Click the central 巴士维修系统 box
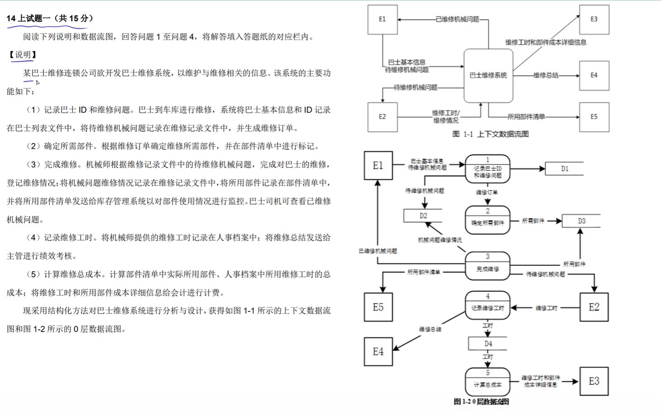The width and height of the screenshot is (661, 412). click(x=488, y=75)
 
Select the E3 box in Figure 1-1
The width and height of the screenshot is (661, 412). click(x=594, y=20)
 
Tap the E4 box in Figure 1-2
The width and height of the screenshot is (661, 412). click(x=378, y=352)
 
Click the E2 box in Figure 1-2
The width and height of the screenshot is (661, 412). click(x=594, y=307)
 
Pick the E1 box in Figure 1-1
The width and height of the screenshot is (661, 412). click(x=382, y=20)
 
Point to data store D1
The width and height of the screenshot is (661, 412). click(x=564, y=169)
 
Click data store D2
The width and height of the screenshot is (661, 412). click(x=423, y=216)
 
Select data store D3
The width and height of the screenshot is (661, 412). click(x=581, y=221)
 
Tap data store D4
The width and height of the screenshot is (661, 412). click(x=488, y=343)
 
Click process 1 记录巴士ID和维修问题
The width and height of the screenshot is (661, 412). click(x=488, y=169)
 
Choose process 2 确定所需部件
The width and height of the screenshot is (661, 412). click(x=488, y=220)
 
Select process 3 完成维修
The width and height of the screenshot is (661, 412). click(x=488, y=266)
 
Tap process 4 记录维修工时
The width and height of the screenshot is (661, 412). click(x=488, y=306)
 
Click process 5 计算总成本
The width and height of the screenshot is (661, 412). click(x=488, y=382)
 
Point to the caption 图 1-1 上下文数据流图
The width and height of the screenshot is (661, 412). click(x=490, y=134)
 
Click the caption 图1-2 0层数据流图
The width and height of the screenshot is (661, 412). click(x=481, y=401)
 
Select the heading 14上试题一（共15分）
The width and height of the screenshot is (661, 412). click(x=50, y=18)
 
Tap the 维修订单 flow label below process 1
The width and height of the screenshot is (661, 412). click(x=487, y=192)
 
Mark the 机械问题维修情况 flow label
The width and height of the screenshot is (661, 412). click(x=440, y=240)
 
